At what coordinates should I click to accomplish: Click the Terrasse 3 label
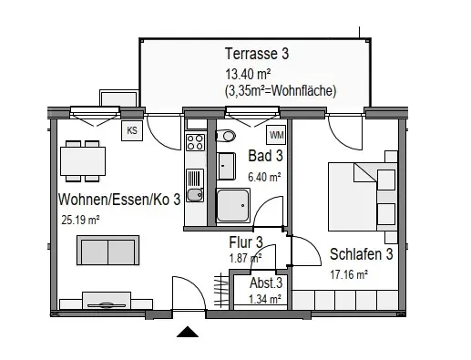pyautogui.click(x=257, y=54)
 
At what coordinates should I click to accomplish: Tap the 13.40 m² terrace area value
pyautogui.click(x=248, y=74)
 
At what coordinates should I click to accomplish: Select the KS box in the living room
pyautogui.click(x=132, y=130)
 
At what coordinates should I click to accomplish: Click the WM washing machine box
pyautogui.click(x=277, y=135)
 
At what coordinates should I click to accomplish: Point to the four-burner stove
pyautogui.click(x=195, y=142)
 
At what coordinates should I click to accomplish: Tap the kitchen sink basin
pyautogui.click(x=195, y=195)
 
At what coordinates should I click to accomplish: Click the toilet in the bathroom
pyautogui.click(x=225, y=136)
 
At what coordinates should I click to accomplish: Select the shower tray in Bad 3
pyautogui.click(x=233, y=205)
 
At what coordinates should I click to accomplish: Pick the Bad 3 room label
pyautogui.click(x=265, y=156)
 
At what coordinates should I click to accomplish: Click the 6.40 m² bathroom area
pyautogui.click(x=264, y=177)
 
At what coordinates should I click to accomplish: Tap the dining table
pyautogui.click(x=83, y=161)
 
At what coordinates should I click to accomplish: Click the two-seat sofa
pyautogui.click(x=108, y=250)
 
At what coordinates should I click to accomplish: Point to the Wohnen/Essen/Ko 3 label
pyautogui.click(x=119, y=200)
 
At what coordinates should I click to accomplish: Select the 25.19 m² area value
pyautogui.click(x=80, y=220)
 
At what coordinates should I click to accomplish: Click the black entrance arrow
pyautogui.click(x=188, y=332)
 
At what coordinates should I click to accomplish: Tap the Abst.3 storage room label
pyautogui.click(x=266, y=283)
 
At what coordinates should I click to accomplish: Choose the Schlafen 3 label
pyautogui.click(x=362, y=254)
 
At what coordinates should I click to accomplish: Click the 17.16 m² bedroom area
pyautogui.click(x=349, y=274)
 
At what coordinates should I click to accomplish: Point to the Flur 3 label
pyautogui.click(x=246, y=242)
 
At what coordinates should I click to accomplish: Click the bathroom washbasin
pyautogui.click(x=226, y=166)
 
